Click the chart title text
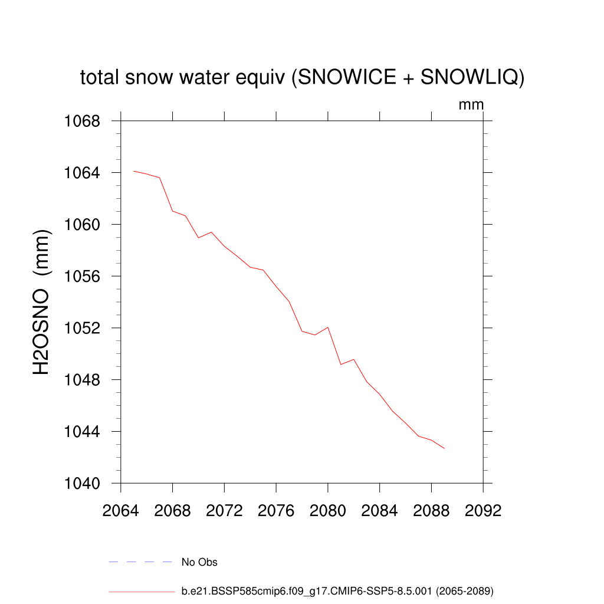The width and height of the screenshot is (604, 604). [302, 77]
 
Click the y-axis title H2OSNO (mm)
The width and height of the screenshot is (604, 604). [42, 302]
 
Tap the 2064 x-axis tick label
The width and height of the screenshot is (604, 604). [121, 510]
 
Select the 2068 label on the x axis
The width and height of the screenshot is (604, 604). [173, 510]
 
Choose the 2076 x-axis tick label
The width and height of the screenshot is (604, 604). [276, 510]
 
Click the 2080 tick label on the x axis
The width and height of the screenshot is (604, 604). [328, 510]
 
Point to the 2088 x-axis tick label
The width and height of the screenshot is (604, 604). [431, 510]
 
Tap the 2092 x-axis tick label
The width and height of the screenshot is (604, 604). [483, 510]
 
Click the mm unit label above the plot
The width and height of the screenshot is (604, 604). [471, 105]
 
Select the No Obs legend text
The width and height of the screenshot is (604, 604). [199, 562]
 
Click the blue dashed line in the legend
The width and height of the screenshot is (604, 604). [140, 562]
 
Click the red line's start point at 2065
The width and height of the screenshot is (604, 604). [134, 171]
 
